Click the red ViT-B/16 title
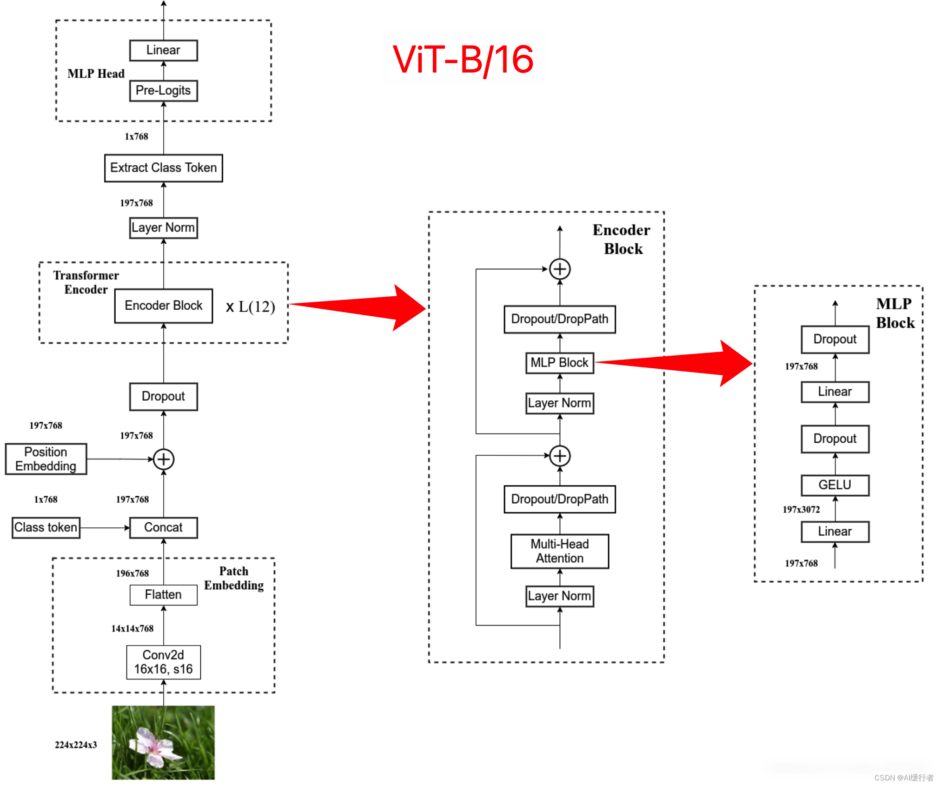(x=463, y=60)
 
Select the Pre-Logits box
(x=163, y=91)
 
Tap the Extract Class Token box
(x=163, y=168)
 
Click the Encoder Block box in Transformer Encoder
(x=163, y=306)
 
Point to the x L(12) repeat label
(x=251, y=307)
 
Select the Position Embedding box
(x=46, y=459)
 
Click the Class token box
(x=46, y=527)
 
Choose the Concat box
(x=163, y=527)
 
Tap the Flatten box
(x=163, y=595)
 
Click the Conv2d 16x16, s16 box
(x=163, y=662)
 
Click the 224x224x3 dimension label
(x=76, y=745)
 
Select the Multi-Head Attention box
(x=560, y=551)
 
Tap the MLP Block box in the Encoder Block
(x=560, y=363)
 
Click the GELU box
(x=835, y=485)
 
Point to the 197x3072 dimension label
(x=801, y=509)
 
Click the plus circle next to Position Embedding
(x=164, y=459)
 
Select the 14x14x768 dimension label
(x=132, y=628)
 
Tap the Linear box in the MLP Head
(x=163, y=50)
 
